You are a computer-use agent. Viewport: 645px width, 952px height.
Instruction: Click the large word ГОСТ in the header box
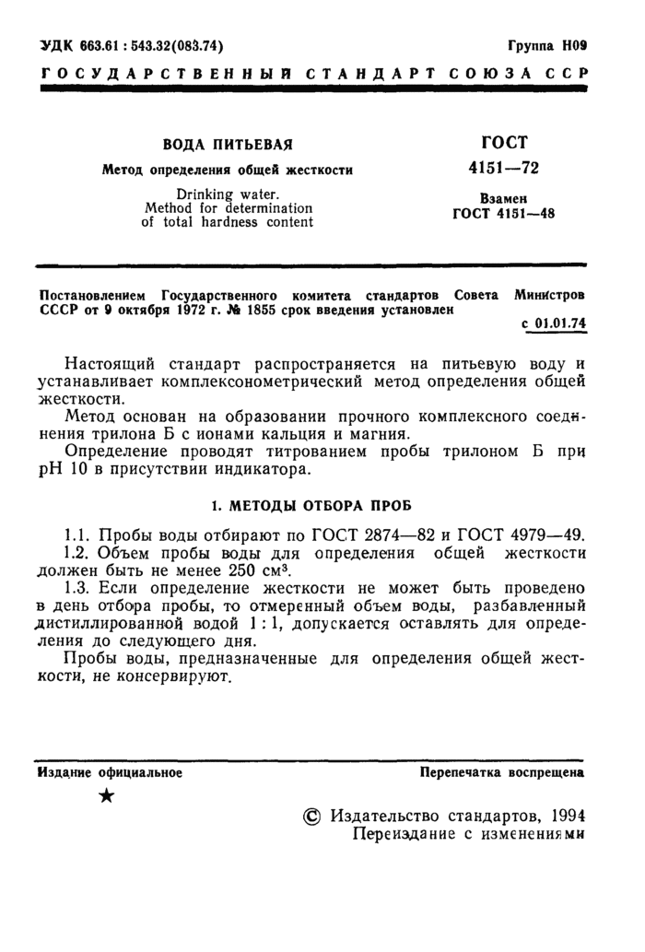tap(503, 143)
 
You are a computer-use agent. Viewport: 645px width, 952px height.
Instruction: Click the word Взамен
tap(503, 199)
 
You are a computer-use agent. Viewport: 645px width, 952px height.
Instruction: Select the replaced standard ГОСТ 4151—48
tap(503, 216)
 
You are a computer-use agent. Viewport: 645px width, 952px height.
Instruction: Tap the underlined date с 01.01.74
tap(555, 323)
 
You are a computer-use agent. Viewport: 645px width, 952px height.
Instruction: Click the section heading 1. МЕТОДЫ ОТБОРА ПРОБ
tap(311, 507)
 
